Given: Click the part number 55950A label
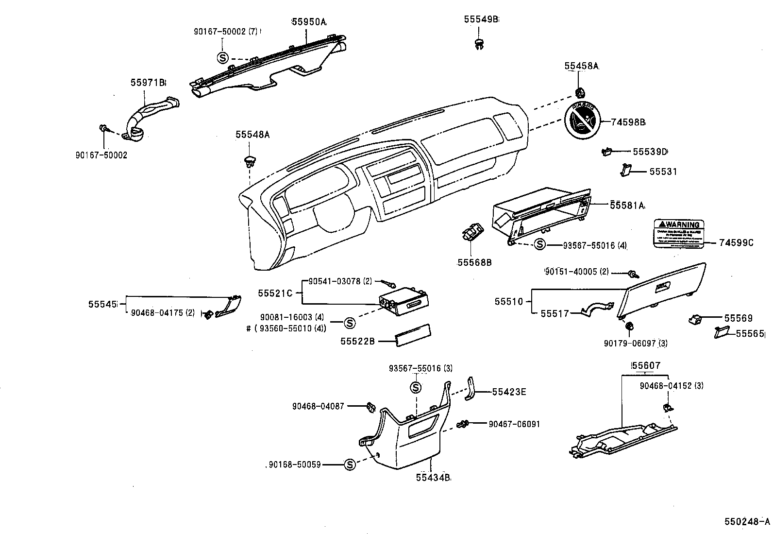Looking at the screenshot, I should (x=309, y=22).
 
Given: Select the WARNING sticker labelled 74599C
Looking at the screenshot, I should (x=678, y=235).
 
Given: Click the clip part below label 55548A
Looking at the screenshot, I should (x=250, y=162).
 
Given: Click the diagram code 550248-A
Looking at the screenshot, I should (x=747, y=521).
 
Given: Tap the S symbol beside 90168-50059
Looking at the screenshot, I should (x=349, y=465).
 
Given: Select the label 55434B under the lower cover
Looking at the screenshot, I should (x=433, y=478).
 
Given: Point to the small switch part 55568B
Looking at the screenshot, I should (x=472, y=234).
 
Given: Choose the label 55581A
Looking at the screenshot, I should (x=627, y=206).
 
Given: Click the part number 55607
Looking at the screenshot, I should (x=646, y=365).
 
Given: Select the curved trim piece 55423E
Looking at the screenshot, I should (x=471, y=389).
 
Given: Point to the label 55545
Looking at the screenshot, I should (x=103, y=304).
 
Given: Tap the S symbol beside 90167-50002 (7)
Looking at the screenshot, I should (x=222, y=58).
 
